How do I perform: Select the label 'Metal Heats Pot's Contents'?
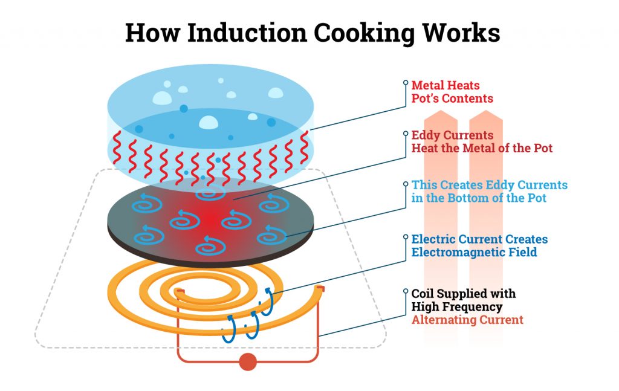click(x=452, y=91)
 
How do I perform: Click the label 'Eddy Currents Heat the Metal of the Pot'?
click(x=482, y=141)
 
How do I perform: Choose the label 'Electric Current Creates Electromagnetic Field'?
click(x=479, y=245)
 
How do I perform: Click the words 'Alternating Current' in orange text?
click(x=467, y=320)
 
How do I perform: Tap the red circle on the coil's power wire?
click(x=247, y=362)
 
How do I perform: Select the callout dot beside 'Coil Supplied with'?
click(x=404, y=292)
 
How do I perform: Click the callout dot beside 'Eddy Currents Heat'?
click(x=404, y=133)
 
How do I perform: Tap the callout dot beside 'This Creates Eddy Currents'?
click(x=404, y=183)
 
